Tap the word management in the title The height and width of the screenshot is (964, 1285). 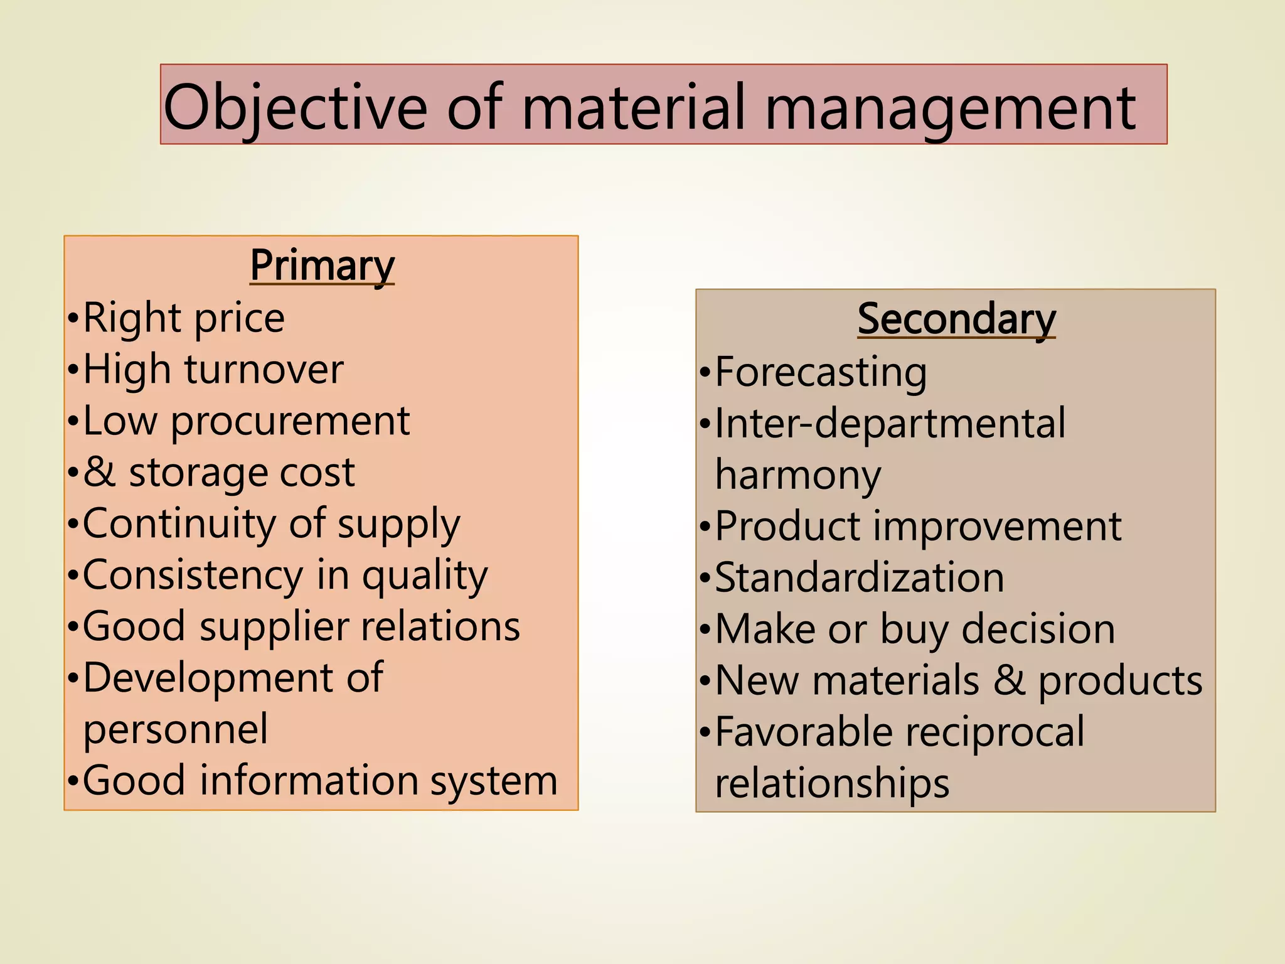click(x=950, y=108)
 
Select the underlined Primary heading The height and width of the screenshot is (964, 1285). click(x=322, y=265)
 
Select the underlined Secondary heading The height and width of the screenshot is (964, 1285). click(x=956, y=319)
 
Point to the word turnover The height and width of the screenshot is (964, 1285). click(x=264, y=369)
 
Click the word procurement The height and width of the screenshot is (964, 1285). click(x=290, y=422)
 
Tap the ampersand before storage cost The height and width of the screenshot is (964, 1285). click(x=99, y=472)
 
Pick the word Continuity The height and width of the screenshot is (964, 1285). click(x=179, y=523)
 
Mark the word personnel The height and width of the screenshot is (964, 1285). click(x=176, y=729)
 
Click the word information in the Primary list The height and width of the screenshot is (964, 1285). click(x=309, y=781)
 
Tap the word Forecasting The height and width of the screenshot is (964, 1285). click(x=821, y=373)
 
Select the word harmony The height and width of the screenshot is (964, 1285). click(x=798, y=476)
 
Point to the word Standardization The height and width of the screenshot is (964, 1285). click(x=860, y=578)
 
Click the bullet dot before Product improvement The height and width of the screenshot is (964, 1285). click(x=705, y=527)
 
